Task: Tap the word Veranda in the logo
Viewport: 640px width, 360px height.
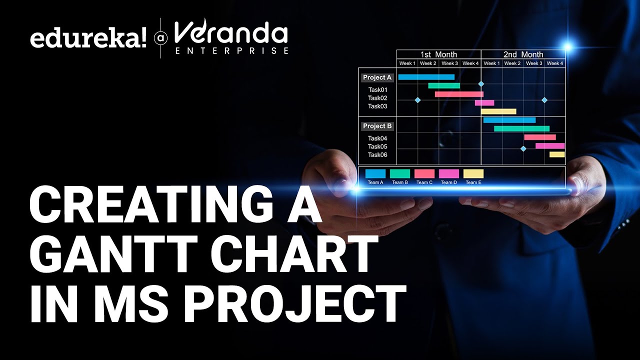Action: (231, 34)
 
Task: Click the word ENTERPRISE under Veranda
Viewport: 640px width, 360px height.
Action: (231, 51)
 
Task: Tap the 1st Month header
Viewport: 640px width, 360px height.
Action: (438, 54)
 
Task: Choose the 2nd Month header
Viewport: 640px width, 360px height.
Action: (523, 54)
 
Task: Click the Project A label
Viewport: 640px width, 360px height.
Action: (377, 77)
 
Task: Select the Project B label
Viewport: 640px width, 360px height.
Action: (377, 126)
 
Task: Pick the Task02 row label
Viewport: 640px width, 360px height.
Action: (377, 98)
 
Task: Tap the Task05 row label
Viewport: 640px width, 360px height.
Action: (377, 146)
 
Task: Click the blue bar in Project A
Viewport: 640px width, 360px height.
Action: (426, 77)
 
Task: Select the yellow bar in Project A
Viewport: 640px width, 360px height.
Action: (505, 111)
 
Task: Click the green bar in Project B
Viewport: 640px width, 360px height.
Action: (521, 128)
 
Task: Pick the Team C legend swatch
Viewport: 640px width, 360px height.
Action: (424, 174)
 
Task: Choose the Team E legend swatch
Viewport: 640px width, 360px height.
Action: (473, 174)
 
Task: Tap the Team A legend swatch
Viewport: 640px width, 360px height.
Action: (375, 174)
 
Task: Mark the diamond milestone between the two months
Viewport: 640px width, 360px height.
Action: (481, 84)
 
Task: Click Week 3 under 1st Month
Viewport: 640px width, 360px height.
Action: (449, 63)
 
